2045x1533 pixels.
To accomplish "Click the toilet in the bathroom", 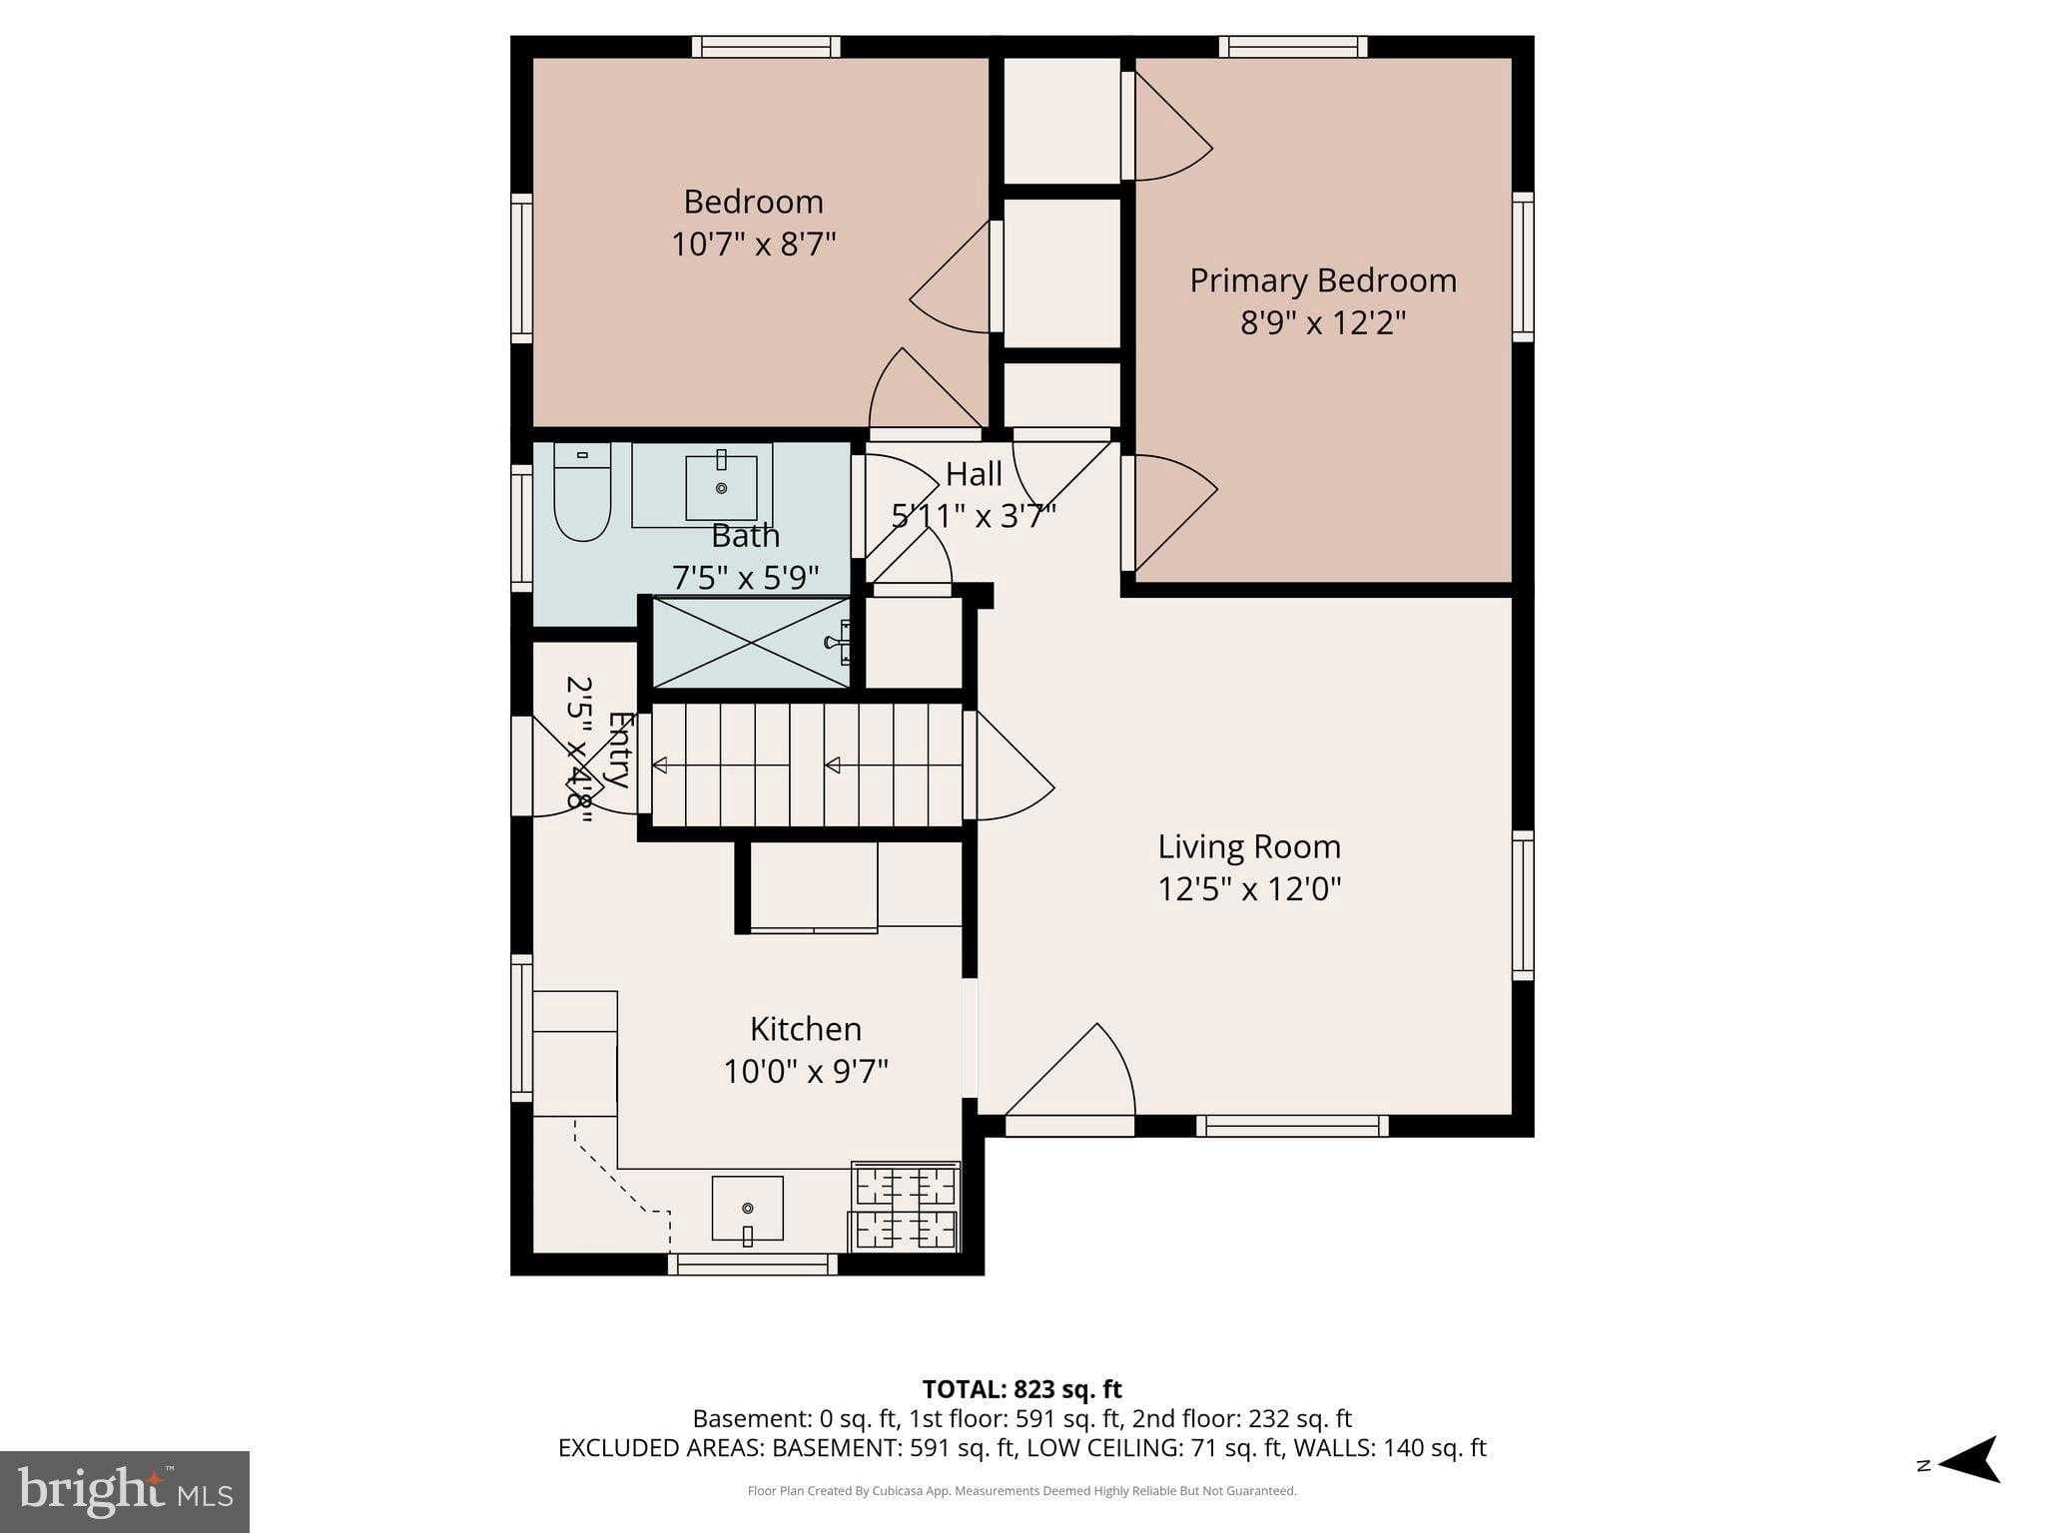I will (x=582, y=496).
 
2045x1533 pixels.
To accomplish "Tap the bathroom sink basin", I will (x=721, y=487).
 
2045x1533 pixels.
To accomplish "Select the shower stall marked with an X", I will (x=751, y=643).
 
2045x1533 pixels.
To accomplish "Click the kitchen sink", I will (x=747, y=1209).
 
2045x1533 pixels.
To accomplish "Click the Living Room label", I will (x=1248, y=846).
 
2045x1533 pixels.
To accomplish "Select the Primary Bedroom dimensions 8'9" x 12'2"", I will (x=1322, y=323).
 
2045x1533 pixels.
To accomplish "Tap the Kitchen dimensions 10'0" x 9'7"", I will (x=805, y=1072).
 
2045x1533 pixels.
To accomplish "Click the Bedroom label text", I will (x=753, y=202).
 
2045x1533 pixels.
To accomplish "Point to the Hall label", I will (x=974, y=473).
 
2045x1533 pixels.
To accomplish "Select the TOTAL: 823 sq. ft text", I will (x=1022, y=1389).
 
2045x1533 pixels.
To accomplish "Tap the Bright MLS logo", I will (x=125, y=1491).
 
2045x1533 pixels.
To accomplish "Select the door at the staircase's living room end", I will (x=1009, y=766).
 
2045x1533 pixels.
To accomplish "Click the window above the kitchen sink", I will (x=753, y=1265).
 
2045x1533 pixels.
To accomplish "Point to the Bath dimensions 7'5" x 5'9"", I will (x=745, y=577).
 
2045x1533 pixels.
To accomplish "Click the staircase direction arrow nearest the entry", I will (x=660, y=766).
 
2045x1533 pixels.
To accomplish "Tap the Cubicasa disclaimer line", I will (x=1022, y=1491).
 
